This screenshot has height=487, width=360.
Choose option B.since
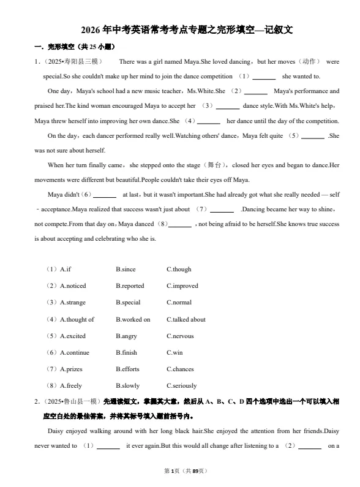126,270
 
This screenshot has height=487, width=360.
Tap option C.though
179,270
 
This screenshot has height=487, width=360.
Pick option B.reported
130,286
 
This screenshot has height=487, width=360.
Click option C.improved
182,286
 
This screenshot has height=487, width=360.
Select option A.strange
73,303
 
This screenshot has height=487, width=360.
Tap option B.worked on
133,320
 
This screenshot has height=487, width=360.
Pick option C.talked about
186,320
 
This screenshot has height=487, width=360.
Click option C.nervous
180,336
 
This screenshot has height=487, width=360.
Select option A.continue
75,353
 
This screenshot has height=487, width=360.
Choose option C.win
174,353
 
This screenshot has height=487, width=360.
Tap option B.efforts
127,369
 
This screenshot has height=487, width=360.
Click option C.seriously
182,386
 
